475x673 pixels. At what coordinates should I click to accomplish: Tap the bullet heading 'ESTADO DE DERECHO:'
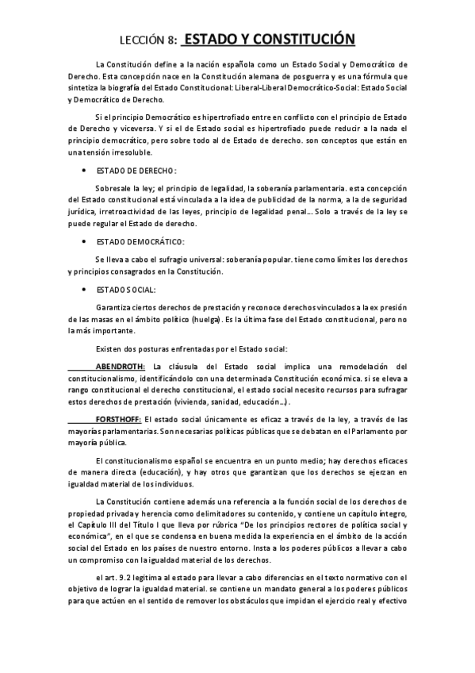click(136, 171)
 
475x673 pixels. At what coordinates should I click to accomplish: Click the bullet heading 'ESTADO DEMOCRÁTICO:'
click(140, 240)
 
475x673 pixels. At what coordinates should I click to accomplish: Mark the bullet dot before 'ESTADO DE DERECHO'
click(84, 171)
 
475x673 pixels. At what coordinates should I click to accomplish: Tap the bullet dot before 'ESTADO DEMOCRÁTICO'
click(84, 240)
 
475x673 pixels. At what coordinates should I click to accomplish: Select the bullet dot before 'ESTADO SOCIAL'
click(84, 290)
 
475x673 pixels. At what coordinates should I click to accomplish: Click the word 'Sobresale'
click(113, 188)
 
